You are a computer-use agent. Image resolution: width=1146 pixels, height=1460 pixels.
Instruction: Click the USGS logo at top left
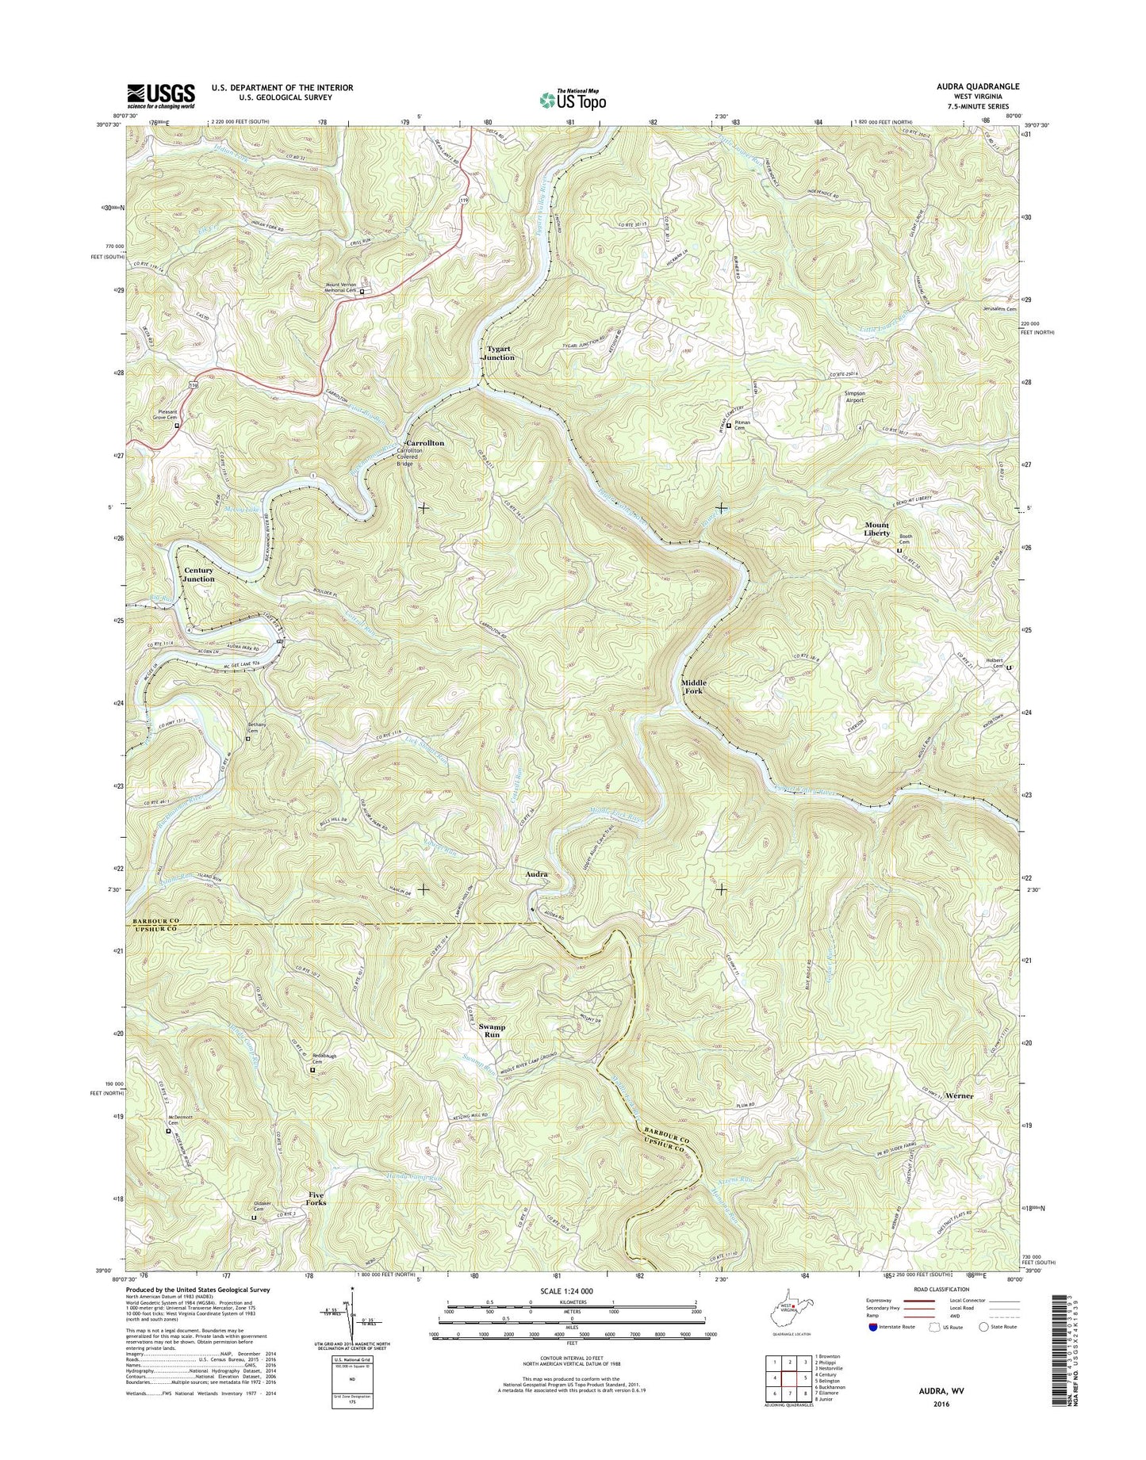pos(161,96)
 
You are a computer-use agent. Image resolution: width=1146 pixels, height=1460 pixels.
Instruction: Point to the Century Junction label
pos(199,575)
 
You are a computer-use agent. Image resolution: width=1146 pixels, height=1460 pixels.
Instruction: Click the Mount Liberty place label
pos(876,529)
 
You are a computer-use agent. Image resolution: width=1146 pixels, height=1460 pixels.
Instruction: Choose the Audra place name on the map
pos(537,874)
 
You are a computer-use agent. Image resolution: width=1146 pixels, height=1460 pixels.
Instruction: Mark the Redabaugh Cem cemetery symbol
pos(312,1071)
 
